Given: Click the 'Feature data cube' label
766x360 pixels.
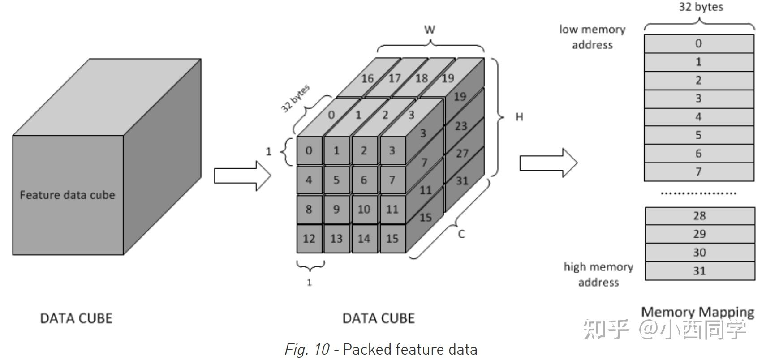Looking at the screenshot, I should pos(67,195).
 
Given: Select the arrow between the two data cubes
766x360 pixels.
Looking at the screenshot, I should pos(242,176).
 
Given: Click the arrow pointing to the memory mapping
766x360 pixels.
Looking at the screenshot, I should pos(548,163).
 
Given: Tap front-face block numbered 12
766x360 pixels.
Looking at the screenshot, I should pos(309,239).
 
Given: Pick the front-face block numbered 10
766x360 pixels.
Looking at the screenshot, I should pos(364,209).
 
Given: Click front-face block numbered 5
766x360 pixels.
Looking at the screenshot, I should pos(336,180).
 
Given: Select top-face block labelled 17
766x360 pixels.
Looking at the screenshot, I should pos(394,78).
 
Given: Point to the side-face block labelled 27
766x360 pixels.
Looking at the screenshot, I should pos(462,154).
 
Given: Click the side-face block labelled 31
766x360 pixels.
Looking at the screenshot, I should pos(462,181).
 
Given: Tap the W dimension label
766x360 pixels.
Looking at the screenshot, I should pos(429,30).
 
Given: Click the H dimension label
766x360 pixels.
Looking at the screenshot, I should pos(519,117).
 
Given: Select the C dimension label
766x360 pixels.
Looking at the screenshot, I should pos(461,234).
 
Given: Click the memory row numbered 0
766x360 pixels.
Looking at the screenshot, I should pos(698,43).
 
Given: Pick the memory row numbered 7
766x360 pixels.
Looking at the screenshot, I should pos(698,172).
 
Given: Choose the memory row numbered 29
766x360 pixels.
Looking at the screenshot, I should pos(699,234).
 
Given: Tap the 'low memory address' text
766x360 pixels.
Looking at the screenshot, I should pos(592,37).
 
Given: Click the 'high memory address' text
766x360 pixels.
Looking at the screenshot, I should pos(598,274).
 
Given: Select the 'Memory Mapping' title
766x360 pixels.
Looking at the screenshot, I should pos(697,312).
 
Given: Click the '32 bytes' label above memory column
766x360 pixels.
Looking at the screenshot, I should pos(701,7).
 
